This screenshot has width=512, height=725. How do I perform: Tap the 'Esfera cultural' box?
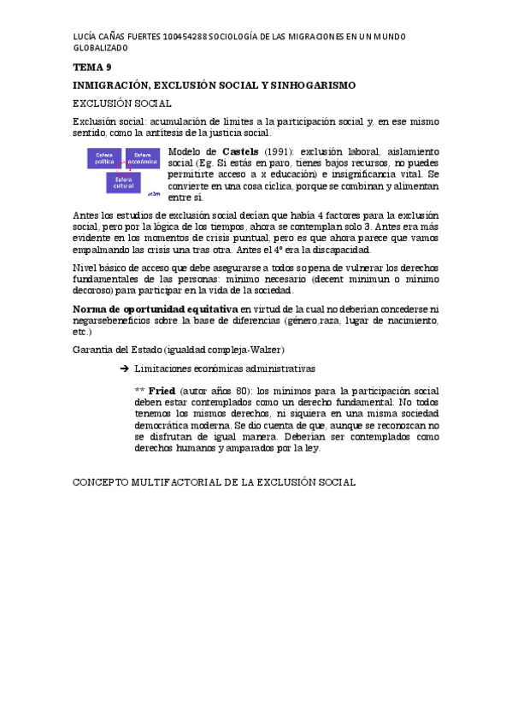(125, 183)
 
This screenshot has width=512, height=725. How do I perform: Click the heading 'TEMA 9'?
(91, 68)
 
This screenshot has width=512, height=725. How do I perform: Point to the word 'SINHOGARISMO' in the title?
(320, 85)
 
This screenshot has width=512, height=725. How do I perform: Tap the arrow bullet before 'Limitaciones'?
(124, 368)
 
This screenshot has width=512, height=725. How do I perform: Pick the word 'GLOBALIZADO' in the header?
(103, 50)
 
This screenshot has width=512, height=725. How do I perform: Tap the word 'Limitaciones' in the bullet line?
(166, 368)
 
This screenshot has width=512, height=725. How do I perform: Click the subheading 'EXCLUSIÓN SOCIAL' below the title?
(122, 103)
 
